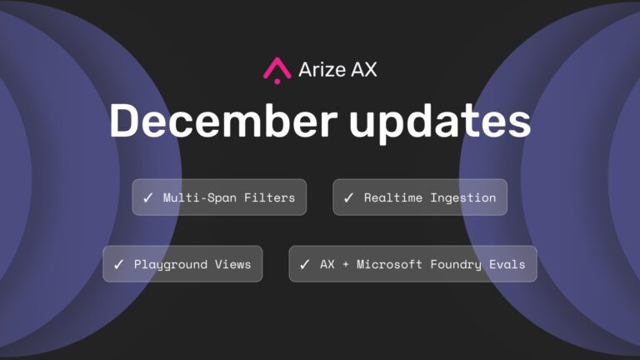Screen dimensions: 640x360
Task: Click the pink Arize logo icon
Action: point(277,70)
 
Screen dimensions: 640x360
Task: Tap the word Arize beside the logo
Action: point(322,69)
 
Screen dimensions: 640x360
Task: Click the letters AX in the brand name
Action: point(364,69)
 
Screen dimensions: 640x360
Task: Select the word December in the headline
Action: point(223,121)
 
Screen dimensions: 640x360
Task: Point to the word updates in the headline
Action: point(440,122)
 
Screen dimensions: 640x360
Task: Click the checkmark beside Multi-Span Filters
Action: point(147,198)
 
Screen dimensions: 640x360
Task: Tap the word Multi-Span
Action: point(200,197)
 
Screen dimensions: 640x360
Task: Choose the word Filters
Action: point(269,197)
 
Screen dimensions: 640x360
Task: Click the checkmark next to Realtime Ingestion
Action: point(348,198)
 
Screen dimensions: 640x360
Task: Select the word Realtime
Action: point(393,197)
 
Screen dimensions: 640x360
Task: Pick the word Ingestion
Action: point(463,198)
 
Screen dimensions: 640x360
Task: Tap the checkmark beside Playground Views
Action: point(119,264)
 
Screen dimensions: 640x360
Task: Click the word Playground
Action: point(171,265)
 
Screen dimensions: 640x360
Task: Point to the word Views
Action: point(233,264)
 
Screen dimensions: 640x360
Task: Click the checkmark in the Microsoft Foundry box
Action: point(304,264)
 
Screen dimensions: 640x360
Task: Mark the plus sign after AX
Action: point(346,264)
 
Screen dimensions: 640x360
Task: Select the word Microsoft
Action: point(389,264)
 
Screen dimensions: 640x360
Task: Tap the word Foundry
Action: point(456,265)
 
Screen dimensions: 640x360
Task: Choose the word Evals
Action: point(507,264)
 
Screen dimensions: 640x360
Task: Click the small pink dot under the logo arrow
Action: point(277,82)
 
